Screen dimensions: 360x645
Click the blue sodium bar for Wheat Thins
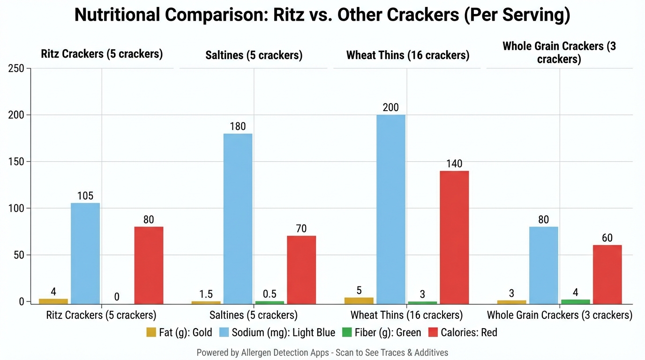point(390,209)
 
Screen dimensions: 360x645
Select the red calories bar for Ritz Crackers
point(149,265)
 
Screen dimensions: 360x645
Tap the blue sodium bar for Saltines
point(238,218)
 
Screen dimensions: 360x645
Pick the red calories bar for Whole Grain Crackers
point(607,274)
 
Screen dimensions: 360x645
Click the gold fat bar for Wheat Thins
point(359,300)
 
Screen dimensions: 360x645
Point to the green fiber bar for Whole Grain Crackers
point(575,301)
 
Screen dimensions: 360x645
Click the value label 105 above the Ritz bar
point(85,196)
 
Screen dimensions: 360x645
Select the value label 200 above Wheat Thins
point(390,108)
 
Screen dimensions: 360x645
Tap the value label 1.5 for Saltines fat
point(206,294)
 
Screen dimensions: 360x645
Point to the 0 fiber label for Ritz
point(117,297)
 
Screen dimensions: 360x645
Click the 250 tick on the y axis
point(16,69)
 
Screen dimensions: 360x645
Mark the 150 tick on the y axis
point(16,162)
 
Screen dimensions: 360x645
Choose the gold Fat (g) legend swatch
point(151,333)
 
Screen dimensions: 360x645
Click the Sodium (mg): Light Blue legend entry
point(277,333)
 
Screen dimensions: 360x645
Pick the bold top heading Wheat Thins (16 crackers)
point(407,55)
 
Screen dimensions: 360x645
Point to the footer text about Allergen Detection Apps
point(322,352)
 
